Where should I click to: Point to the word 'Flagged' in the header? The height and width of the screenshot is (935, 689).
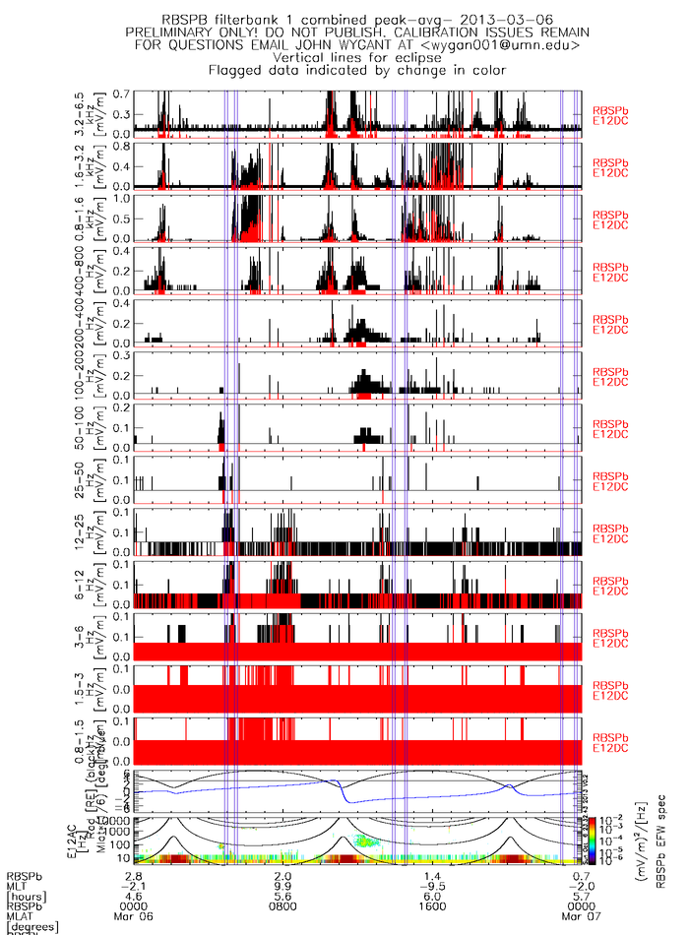(x=237, y=70)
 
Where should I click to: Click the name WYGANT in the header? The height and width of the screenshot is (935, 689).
(x=391, y=44)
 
